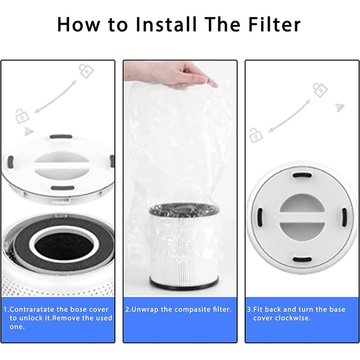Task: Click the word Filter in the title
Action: coord(273,25)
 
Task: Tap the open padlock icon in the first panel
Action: coord(21,116)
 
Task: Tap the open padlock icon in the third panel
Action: coord(255,134)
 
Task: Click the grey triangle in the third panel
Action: coord(340,108)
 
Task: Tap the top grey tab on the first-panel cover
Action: coord(58,136)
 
